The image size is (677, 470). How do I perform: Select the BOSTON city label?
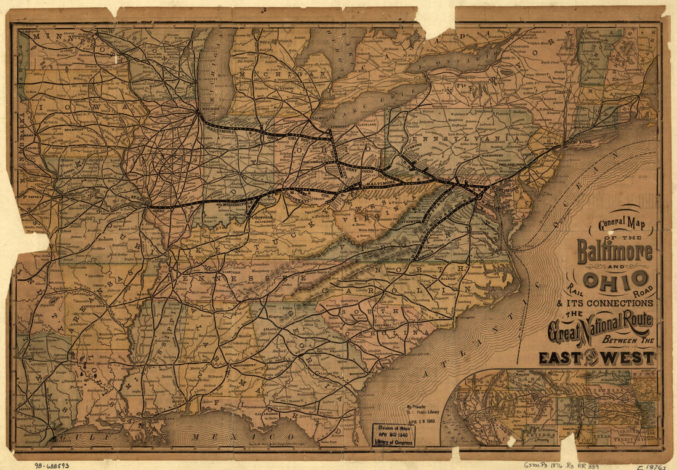click(648, 93)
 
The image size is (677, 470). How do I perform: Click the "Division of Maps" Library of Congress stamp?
click(393, 434)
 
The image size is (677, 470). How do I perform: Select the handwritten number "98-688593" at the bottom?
click(52, 465)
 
